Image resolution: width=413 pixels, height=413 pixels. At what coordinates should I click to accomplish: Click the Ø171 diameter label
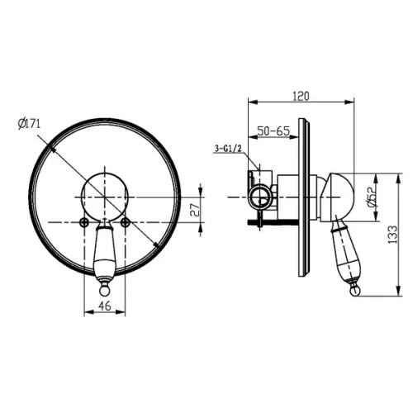pos(29,123)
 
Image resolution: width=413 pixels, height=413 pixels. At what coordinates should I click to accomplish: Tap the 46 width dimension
pos(105,306)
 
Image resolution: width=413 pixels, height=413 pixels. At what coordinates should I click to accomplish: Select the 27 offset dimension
pos(195,210)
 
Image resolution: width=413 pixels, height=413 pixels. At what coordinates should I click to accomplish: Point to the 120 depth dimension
pos(301,96)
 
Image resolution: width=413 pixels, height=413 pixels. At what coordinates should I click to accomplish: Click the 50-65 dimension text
pos(273,131)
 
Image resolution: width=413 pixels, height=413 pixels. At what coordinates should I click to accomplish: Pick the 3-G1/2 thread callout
pos(228,149)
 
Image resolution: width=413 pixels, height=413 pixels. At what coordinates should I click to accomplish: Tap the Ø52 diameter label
pos(372,197)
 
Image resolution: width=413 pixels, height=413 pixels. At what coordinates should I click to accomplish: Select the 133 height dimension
pos(392,235)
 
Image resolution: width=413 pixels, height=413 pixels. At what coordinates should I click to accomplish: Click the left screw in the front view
pos(84,222)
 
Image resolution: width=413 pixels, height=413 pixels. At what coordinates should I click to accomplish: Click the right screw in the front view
pos(126,222)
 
